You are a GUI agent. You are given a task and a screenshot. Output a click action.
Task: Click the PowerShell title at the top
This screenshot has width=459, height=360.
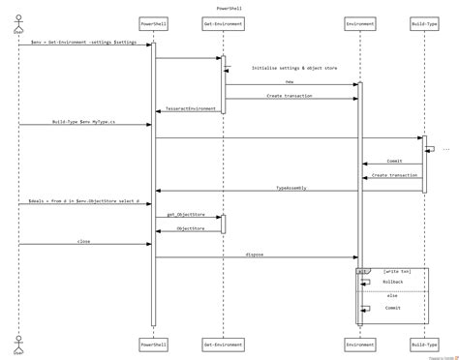(x=229, y=6)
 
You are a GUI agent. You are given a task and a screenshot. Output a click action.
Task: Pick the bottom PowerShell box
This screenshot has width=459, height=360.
(x=152, y=345)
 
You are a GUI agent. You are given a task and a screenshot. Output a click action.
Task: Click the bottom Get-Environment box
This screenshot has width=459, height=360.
(x=222, y=345)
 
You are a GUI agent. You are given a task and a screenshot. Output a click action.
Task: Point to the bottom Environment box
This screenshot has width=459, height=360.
(x=360, y=345)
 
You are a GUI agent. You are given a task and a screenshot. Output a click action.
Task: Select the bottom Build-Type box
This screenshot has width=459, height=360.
(x=423, y=345)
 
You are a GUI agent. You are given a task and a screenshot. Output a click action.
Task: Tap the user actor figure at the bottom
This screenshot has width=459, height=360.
(x=17, y=345)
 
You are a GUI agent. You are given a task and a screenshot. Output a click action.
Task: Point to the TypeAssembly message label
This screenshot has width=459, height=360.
(x=291, y=187)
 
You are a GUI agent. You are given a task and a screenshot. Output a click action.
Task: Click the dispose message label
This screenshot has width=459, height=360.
(x=255, y=255)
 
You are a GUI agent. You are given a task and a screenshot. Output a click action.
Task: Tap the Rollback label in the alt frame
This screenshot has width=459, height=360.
(x=392, y=281)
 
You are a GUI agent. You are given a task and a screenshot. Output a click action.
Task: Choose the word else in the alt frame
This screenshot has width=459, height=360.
(x=392, y=294)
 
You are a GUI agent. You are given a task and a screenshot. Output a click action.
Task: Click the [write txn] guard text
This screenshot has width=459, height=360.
(x=398, y=272)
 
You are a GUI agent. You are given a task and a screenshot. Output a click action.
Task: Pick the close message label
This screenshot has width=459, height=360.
(x=84, y=241)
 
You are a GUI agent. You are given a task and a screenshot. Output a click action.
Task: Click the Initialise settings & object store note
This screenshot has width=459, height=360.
(x=292, y=68)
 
